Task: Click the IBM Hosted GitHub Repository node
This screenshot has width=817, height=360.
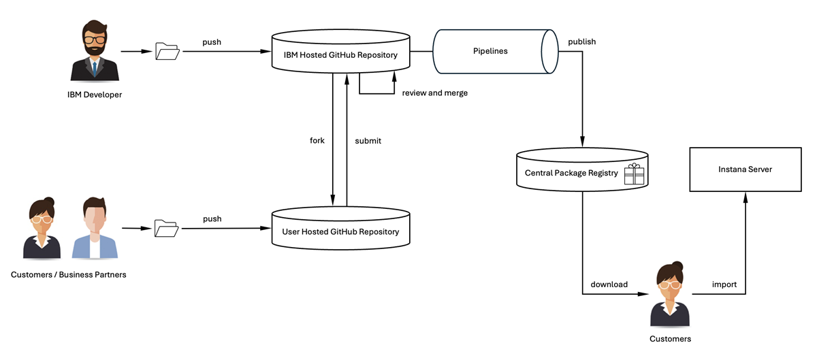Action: click(x=341, y=54)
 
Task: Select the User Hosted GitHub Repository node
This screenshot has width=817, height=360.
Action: click(x=340, y=232)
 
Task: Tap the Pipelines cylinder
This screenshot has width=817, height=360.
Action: click(x=490, y=51)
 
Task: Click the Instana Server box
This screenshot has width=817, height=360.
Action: click(x=745, y=169)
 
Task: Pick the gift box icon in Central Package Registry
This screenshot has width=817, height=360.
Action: click(x=634, y=174)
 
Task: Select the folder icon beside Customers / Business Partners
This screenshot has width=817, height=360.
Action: click(x=166, y=228)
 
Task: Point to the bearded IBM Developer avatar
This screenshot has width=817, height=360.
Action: click(x=95, y=51)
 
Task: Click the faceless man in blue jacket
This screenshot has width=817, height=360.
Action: click(x=95, y=229)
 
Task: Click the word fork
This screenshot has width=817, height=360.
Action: click(x=317, y=141)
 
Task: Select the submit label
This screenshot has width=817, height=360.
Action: click(x=368, y=141)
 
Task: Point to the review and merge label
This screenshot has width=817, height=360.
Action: click(x=434, y=93)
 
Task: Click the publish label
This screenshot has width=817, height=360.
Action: click(x=581, y=42)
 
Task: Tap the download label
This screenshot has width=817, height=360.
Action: click(x=609, y=284)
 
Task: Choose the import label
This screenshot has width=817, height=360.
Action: click(x=724, y=284)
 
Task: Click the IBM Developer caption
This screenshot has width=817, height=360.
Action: click(x=95, y=95)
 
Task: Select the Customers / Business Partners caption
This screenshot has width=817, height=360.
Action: click(x=68, y=275)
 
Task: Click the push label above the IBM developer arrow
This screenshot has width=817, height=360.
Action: click(x=212, y=42)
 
